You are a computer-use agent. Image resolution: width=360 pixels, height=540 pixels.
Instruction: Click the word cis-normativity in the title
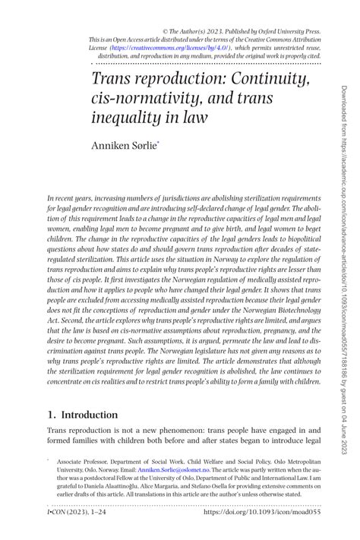[154, 99]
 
